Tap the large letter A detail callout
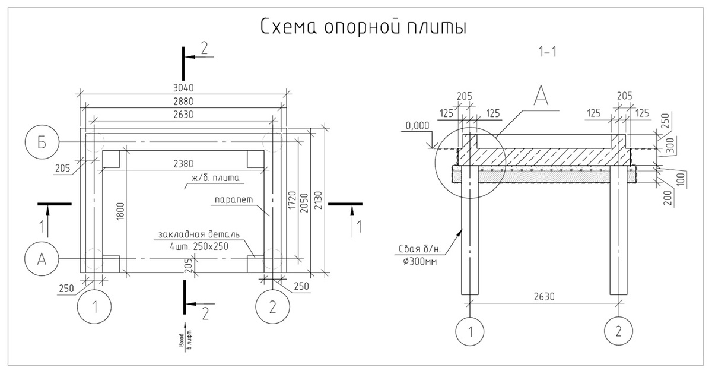541,95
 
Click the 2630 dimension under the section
543,296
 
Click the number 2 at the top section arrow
205,49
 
